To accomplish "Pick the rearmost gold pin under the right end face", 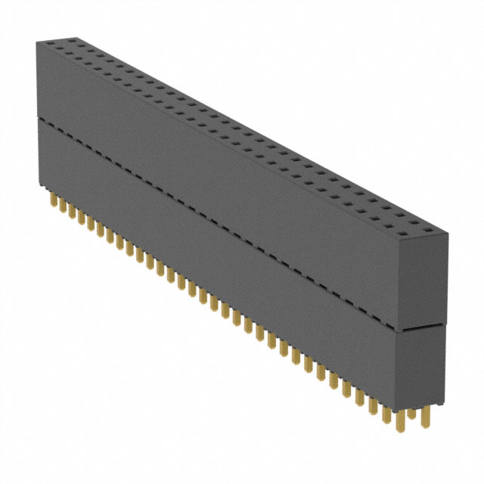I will click(428, 409).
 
